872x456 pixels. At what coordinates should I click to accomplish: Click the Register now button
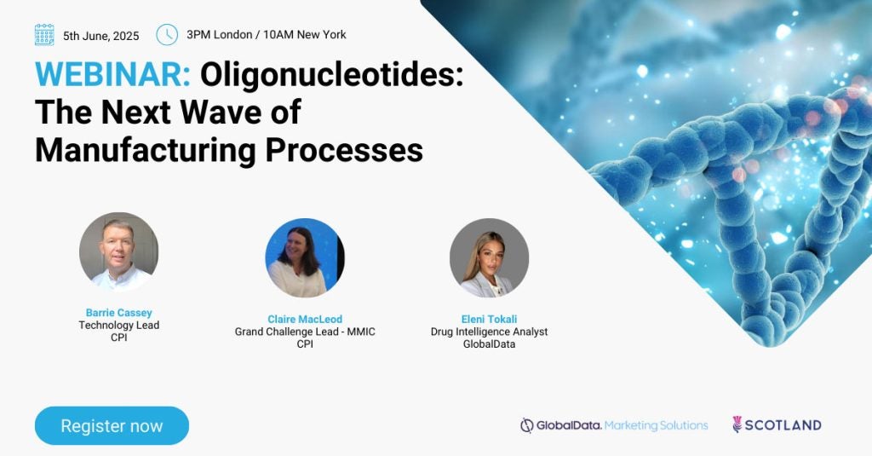point(112,425)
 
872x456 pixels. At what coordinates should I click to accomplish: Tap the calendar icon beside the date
point(44,35)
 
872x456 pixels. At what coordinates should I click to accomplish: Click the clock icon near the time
point(167,35)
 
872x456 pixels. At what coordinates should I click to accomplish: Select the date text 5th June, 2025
point(101,36)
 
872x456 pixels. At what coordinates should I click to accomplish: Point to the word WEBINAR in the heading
point(113,74)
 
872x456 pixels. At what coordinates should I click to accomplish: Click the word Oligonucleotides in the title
point(331,75)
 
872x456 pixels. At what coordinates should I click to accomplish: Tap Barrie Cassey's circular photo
point(118,251)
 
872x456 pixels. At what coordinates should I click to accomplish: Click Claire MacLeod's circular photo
point(305,257)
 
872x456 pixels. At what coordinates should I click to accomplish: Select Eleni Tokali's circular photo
point(490,257)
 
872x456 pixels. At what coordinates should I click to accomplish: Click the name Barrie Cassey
point(119,313)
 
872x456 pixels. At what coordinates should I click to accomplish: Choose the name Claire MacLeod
point(305,319)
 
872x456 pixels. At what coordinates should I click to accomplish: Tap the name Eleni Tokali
point(490,319)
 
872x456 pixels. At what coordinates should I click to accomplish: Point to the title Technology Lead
point(119,325)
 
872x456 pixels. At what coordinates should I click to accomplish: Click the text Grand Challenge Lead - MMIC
point(305,332)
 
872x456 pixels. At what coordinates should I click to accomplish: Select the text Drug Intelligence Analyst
point(490,332)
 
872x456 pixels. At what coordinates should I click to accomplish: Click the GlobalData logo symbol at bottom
point(526,425)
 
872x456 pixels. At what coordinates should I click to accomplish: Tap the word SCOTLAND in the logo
point(783,425)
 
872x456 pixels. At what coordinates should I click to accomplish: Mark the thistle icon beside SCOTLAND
point(737,424)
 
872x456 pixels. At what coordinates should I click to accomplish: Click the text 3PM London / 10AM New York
point(267,35)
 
